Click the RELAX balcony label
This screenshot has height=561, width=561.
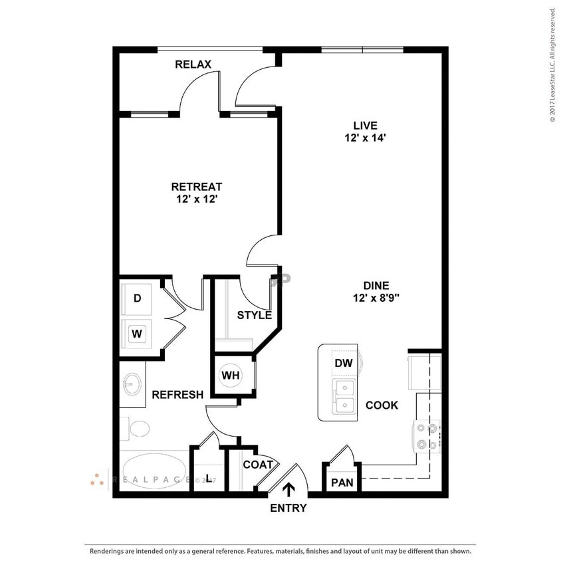coord(193,64)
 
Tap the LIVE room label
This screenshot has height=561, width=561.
coord(365,125)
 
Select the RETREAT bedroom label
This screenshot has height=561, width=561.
coord(197,187)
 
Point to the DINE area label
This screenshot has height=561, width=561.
coord(376,285)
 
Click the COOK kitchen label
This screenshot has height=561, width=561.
coord(382,405)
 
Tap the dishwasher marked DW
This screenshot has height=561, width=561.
coord(343,363)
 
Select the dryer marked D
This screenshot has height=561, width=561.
coord(138,298)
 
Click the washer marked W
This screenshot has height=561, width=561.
coord(138,333)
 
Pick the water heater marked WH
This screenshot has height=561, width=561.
coord(231,376)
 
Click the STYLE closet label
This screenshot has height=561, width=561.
coord(255,314)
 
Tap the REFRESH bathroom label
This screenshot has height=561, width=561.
coord(177,395)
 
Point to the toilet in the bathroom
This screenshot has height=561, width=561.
coord(138,428)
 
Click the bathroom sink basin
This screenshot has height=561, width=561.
coord(131,384)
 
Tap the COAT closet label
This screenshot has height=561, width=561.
coord(258,465)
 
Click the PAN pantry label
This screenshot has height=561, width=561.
coord(342,481)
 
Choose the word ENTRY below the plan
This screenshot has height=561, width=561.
coord(288,508)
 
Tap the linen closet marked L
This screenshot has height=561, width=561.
coord(209,477)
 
